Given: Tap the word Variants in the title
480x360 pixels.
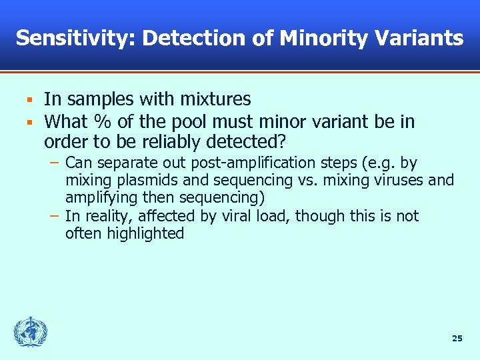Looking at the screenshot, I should [x=423, y=38].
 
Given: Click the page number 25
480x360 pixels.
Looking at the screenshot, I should [x=457, y=339].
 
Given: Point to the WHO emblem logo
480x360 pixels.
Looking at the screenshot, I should [x=31, y=332].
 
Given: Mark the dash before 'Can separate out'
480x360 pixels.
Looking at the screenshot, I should [x=54, y=163].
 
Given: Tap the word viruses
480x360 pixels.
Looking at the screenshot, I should [x=401, y=180].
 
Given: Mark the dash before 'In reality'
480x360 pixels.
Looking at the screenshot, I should [x=54, y=215].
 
